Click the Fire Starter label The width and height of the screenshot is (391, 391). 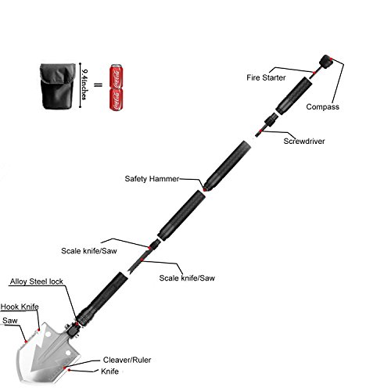pyautogui.click(x=266, y=77)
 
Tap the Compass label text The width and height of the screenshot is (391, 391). pyautogui.click(x=323, y=106)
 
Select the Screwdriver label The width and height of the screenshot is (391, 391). pyautogui.click(x=304, y=141)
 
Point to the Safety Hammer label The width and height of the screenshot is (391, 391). pyautogui.click(x=152, y=179)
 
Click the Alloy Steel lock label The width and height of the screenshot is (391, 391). pyautogui.click(x=37, y=282)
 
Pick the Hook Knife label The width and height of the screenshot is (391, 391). pyautogui.click(x=20, y=307)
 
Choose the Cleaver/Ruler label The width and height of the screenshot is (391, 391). pyautogui.click(x=127, y=360)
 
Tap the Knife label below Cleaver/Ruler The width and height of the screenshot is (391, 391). pyautogui.click(x=109, y=371)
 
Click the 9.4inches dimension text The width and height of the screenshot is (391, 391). pyautogui.click(x=84, y=84)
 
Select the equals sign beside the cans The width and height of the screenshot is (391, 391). pyautogui.click(x=98, y=84)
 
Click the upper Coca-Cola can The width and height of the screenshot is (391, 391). pyautogui.click(x=116, y=76)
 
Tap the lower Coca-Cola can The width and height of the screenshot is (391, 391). pyautogui.click(x=116, y=99)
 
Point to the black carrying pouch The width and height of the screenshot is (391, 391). pyautogui.click(x=57, y=86)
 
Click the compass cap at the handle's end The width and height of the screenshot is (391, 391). pyautogui.click(x=326, y=62)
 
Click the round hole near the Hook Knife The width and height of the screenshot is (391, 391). pyautogui.click(x=48, y=335)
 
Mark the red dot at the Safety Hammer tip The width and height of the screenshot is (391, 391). pyautogui.click(x=205, y=190)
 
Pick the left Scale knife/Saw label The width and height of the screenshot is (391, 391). pyautogui.click(x=89, y=251)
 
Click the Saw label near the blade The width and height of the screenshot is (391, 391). pyautogui.click(x=10, y=321)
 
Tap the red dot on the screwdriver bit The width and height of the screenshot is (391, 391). pyautogui.click(x=260, y=131)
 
